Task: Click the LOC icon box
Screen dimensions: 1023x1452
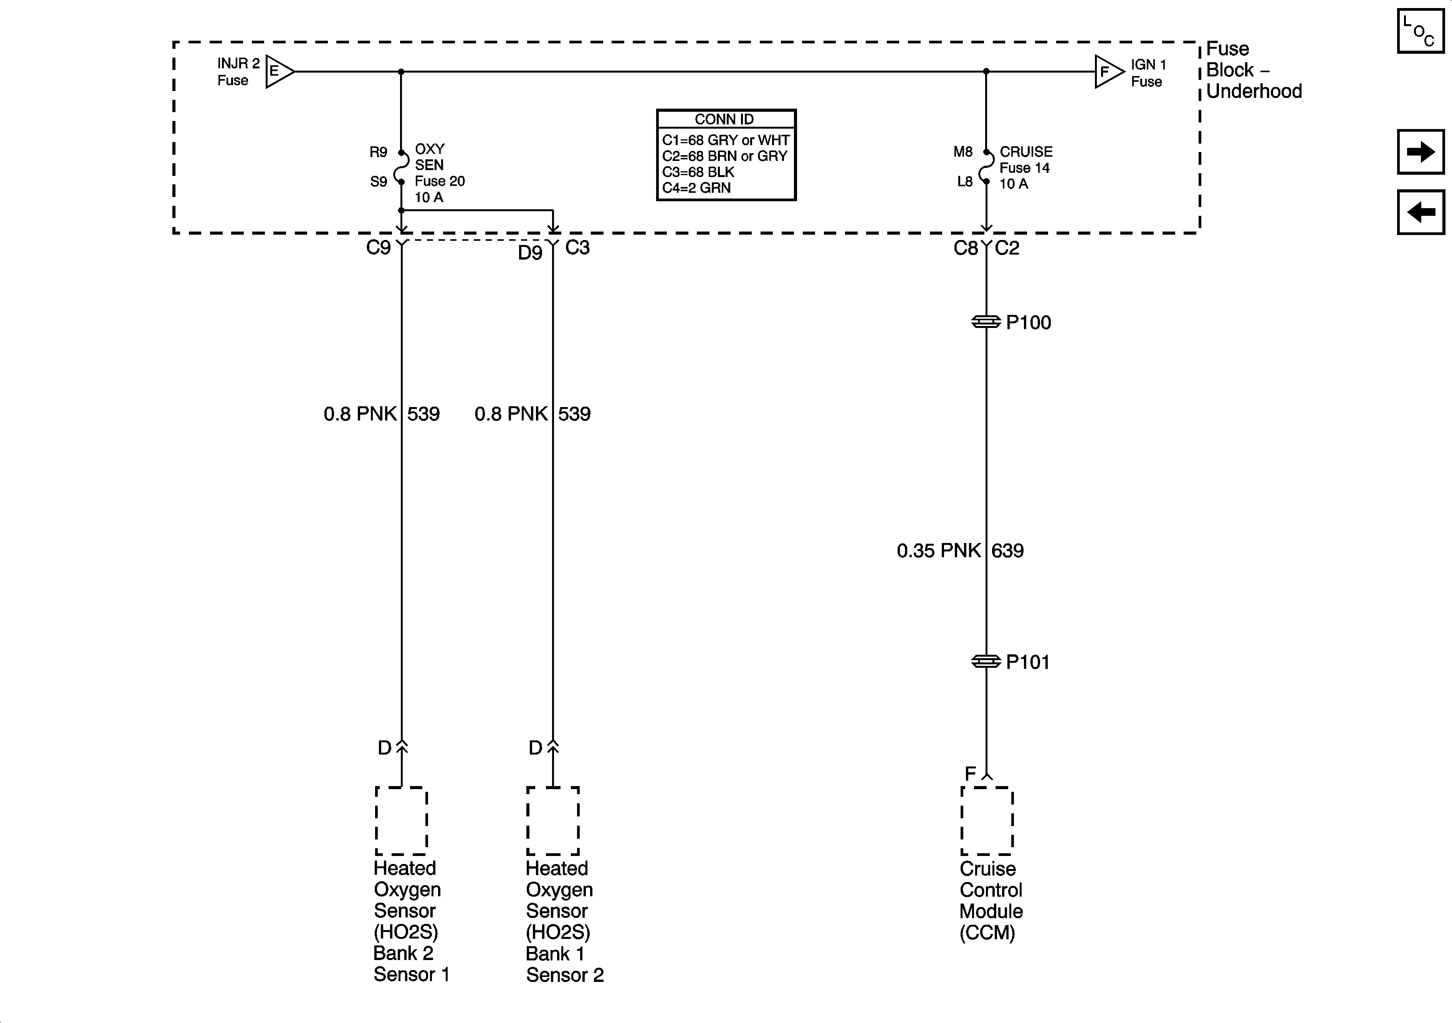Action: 1421,31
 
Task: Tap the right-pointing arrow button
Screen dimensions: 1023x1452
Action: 1421,152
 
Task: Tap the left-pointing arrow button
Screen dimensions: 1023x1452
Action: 1421,212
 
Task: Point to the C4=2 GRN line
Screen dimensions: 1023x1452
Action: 696,188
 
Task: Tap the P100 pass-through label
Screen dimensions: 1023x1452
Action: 1028,323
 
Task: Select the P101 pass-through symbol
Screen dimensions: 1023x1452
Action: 986,662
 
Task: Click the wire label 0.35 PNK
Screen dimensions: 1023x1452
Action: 938,550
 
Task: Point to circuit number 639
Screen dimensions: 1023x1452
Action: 1007,550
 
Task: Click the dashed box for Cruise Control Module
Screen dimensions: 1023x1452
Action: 987,821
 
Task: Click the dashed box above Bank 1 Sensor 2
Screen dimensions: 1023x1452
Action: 553,821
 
